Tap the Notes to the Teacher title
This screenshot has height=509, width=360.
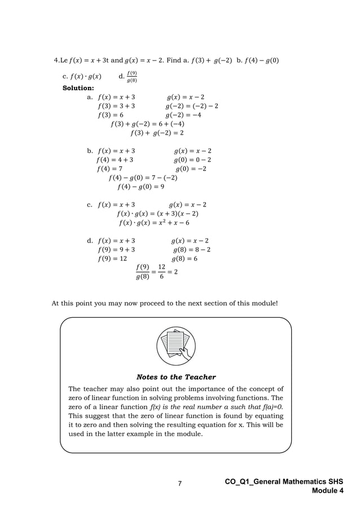[x=176, y=377]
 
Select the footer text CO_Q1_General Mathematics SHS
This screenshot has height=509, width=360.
[x=284, y=481]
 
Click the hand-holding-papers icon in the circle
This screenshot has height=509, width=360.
[x=176, y=345]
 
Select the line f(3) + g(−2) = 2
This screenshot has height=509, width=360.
[x=157, y=133]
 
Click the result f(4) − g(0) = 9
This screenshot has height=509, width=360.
[x=141, y=187]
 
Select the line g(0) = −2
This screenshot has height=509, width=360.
[x=191, y=169]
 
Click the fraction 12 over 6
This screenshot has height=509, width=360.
[x=162, y=271]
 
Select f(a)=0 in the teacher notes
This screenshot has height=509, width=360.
[x=269, y=407]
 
